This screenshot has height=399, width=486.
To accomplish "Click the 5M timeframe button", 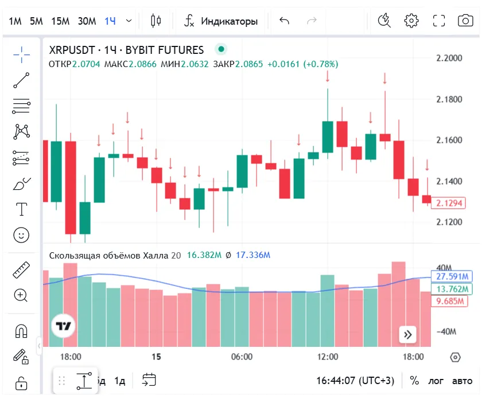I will click(x=36, y=21).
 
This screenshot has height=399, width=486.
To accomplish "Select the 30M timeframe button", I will click(x=87, y=21).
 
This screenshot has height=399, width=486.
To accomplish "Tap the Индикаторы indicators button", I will click(x=221, y=21).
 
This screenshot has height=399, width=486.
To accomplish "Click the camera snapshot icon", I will click(x=465, y=21).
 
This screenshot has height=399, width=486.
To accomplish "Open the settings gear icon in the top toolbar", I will click(x=411, y=21).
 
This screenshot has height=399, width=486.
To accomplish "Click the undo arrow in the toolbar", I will click(x=284, y=21).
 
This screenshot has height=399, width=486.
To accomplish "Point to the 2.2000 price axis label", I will click(x=449, y=58).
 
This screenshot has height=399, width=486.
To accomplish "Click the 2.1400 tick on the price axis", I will click(x=449, y=181).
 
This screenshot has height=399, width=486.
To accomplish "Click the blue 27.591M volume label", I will click(x=450, y=276).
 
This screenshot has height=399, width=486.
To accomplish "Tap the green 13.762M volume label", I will click(x=450, y=289).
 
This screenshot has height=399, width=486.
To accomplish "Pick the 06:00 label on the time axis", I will click(x=242, y=357).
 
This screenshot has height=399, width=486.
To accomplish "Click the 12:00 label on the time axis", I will click(x=328, y=357).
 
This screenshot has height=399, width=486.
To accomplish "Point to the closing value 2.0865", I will click(x=249, y=64).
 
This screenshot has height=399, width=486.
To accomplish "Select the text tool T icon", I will click(x=22, y=209).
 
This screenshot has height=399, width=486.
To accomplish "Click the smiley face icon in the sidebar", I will click(x=21, y=235).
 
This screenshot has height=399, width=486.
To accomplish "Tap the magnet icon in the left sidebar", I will click(x=21, y=331).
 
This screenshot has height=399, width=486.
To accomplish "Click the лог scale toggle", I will click(x=436, y=381).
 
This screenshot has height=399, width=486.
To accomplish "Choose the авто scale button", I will click(x=462, y=381).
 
